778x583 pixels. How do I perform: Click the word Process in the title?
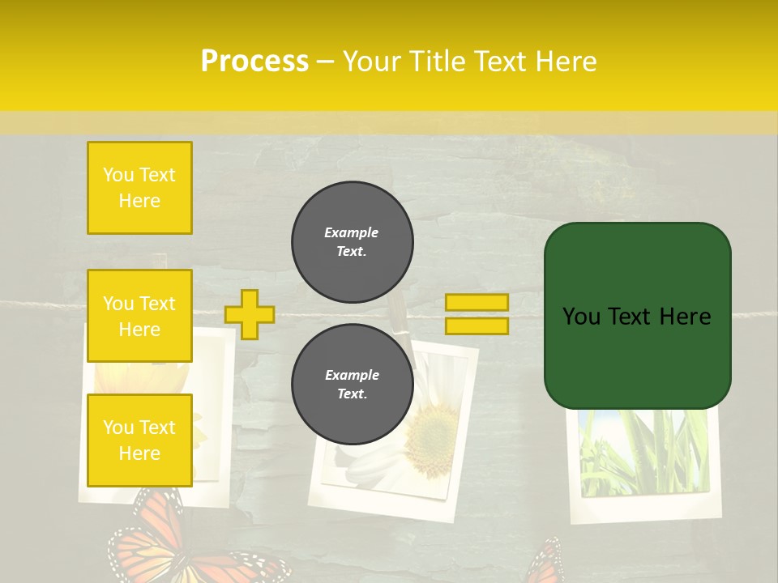(254, 62)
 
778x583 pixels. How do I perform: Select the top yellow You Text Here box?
(139, 188)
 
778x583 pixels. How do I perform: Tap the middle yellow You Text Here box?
(139, 316)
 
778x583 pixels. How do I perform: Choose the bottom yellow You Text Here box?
(139, 440)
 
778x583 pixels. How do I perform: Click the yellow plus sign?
(250, 314)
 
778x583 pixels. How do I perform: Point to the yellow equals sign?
(477, 314)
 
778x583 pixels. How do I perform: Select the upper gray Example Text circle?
(352, 241)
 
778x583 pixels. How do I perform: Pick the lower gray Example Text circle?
(352, 384)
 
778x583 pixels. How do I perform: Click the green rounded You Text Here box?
(637, 316)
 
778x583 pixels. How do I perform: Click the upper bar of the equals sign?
(477, 303)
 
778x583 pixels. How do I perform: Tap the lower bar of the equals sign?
(477, 326)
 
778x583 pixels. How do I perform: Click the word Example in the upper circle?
(351, 232)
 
